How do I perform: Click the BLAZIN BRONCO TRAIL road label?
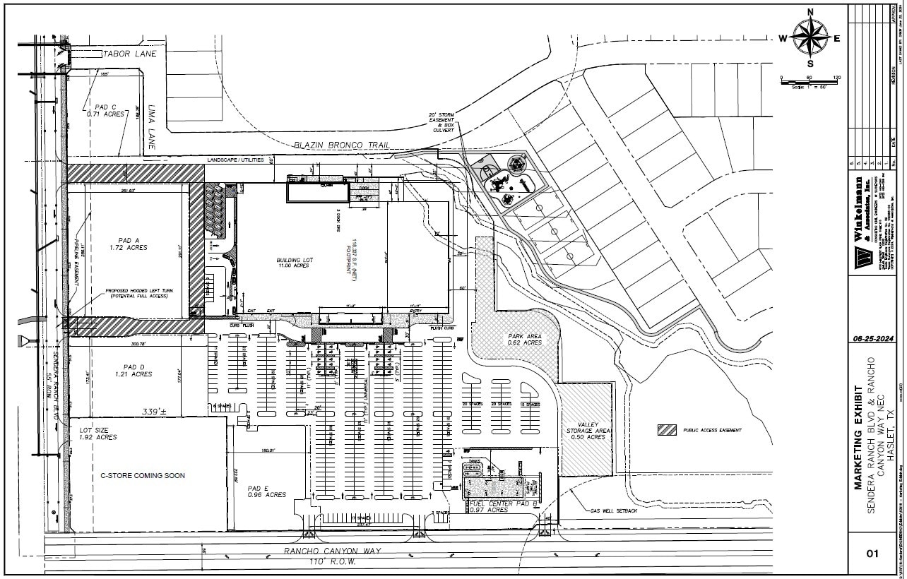[x=341, y=145]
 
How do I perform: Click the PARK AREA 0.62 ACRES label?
[x=523, y=339]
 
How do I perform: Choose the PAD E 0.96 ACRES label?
[x=266, y=491]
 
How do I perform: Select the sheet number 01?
[x=874, y=554]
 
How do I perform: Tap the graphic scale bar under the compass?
[x=809, y=83]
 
